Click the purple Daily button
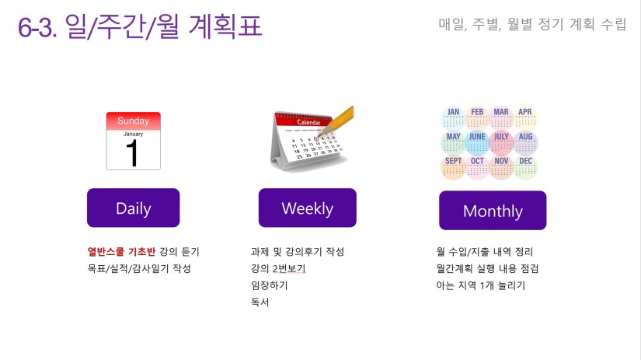coord(134,208)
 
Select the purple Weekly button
coord(308,208)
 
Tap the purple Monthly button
coord(493,210)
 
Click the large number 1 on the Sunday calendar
coord(132,152)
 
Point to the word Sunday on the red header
coord(134,121)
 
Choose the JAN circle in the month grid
coord(453,118)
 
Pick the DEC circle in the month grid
coord(526,167)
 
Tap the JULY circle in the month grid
coord(502,142)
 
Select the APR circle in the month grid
coord(525,118)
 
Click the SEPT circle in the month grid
coord(453,167)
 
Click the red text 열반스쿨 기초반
coord(121,252)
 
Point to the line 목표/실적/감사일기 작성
coord(139,268)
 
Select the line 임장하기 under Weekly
coord(270,285)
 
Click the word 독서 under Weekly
coord(260,302)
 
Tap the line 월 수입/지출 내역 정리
coord(484,252)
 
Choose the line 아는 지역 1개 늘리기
coord(481,285)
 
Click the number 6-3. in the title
coord(37,28)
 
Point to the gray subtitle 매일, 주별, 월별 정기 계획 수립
coord(532,24)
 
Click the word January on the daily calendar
coord(134,134)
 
